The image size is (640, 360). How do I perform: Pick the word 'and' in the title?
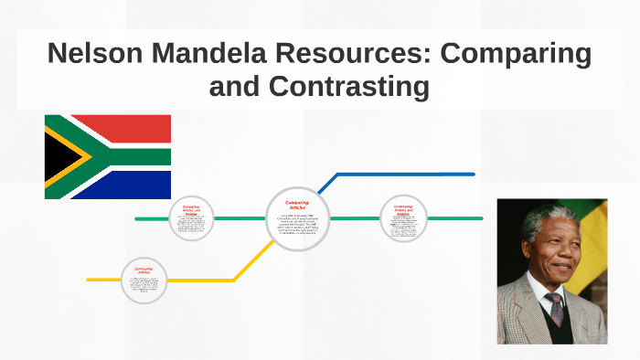[236, 87]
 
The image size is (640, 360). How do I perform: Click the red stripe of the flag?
[128, 128]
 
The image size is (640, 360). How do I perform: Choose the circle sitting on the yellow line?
[144, 280]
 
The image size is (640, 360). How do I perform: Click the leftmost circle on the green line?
[191, 218]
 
